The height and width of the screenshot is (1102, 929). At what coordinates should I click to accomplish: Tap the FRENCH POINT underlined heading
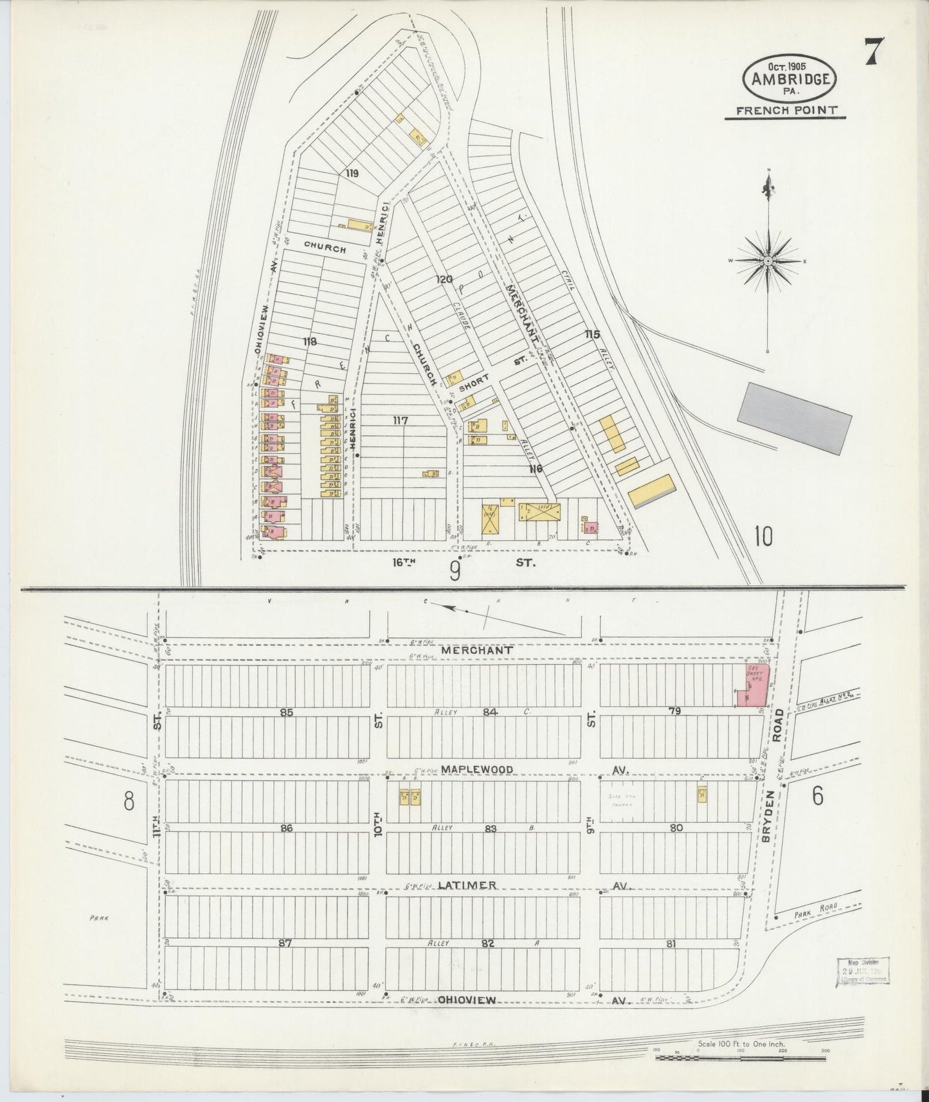pyautogui.click(x=786, y=110)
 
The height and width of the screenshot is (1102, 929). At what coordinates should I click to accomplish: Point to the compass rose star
pyautogui.click(x=768, y=260)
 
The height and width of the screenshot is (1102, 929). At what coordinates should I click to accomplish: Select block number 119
pyautogui.click(x=351, y=173)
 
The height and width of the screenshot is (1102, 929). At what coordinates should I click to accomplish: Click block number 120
pyautogui.click(x=445, y=280)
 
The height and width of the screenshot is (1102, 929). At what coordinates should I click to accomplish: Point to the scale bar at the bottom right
pyautogui.click(x=739, y=1057)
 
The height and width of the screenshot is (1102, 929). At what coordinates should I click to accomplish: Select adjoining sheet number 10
pyautogui.click(x=764, y=536)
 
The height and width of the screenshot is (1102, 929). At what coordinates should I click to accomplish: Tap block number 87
pyautogui.click(x=285, y=943)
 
